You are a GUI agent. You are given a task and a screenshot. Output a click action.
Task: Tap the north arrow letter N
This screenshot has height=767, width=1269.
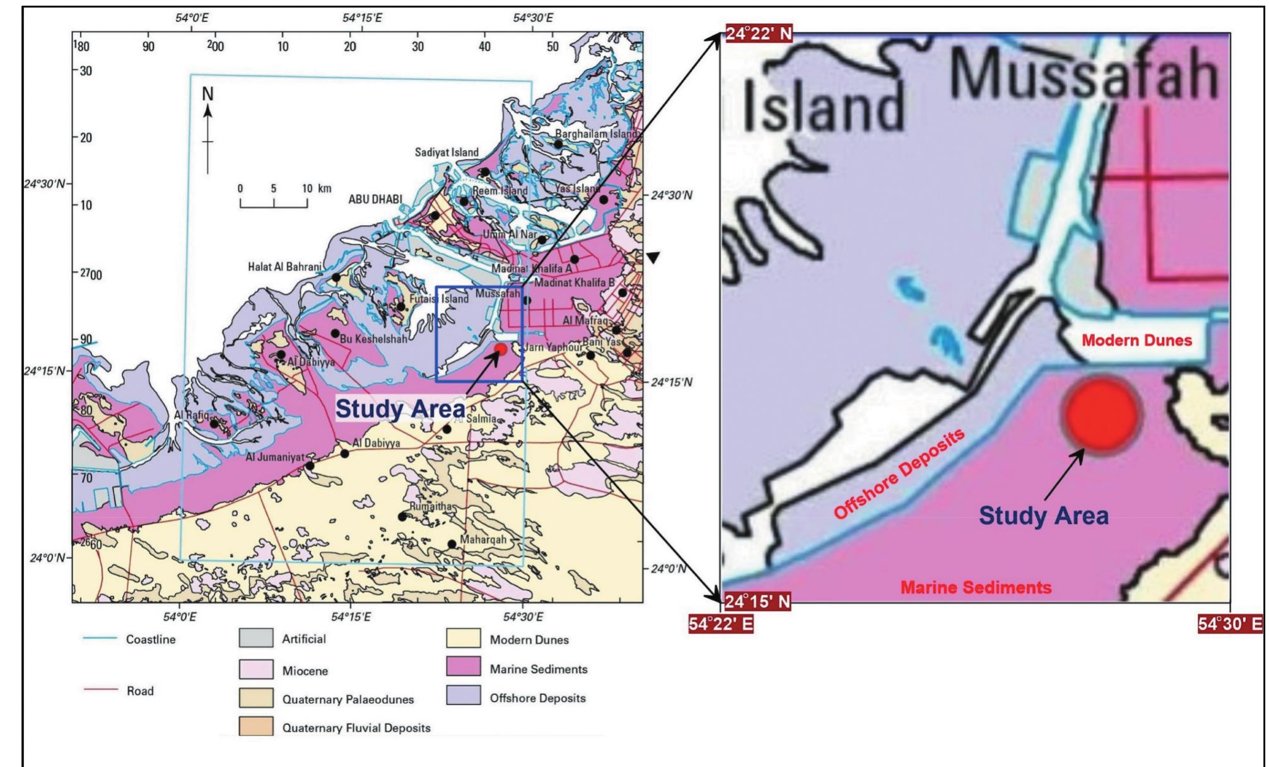tap(208, 94)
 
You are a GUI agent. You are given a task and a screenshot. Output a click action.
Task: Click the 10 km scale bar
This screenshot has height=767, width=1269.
tap(274, 203)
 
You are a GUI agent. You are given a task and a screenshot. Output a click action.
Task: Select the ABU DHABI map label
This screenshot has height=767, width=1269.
tap(375, 199)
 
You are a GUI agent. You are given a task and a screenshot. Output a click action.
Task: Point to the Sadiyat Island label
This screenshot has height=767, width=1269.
tap(447, 153)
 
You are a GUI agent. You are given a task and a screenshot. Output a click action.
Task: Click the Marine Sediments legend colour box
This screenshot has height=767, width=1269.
tap(463, 667)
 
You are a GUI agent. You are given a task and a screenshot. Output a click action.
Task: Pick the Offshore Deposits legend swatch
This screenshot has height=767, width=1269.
tap(463, 696)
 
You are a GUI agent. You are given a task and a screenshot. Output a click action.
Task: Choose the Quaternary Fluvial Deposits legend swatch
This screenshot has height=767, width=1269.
tap(256, 726)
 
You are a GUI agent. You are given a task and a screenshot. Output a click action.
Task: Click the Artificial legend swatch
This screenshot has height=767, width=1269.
tap(256, 638)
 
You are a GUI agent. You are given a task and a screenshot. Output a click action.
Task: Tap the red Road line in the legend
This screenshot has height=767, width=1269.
tap(101, 690)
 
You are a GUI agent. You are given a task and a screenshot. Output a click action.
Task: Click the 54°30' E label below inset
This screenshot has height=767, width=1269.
tap(1230, 624)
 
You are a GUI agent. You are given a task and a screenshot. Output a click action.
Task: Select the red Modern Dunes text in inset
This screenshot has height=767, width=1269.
tap(1137, 341)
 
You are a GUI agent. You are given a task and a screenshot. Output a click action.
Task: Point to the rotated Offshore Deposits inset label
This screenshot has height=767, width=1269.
tap(899, 473)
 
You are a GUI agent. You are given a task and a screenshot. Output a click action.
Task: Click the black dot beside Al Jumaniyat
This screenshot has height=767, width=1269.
tap(310, 466)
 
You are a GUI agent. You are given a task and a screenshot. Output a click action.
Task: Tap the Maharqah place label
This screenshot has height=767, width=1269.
tap(483, 540)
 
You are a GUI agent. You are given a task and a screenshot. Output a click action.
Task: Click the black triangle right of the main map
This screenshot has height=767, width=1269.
tap(653, 258)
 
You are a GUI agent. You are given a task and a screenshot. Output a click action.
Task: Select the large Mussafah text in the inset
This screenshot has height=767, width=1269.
tap(1084, 76)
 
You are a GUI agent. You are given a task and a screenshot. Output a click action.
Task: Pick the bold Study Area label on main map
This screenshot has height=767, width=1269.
tap(400, 409)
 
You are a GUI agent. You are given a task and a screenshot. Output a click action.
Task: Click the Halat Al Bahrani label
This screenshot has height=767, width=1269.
tap(284, 267)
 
